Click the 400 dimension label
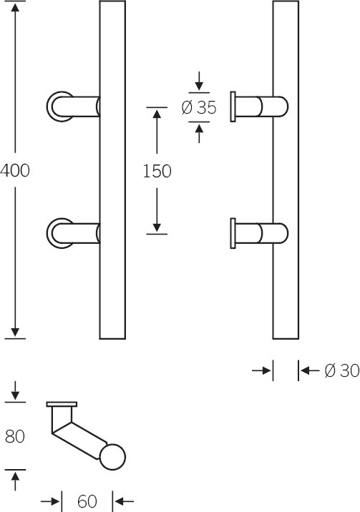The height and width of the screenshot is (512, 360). coord(15,170)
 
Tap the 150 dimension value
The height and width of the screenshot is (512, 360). coord(157,171)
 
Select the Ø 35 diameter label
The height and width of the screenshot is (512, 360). coord(199,107)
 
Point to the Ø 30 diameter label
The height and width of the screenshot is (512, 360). coord(342,370)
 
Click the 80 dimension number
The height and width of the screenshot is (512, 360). coord(15,437)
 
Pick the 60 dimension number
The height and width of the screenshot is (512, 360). coord(87,501)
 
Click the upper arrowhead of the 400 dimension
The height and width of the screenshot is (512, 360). coord(15,6)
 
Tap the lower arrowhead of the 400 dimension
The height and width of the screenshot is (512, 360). coord(15,333)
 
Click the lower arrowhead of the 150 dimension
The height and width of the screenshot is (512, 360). coord(157,227)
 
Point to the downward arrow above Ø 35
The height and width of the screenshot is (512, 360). coord(199,82)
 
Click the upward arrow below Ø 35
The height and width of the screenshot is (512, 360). coord(199,132)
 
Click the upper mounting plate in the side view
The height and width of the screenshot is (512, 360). coord(233,107)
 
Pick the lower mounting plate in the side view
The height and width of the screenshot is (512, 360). coord(233,233)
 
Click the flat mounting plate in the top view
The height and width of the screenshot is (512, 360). coord(62,404)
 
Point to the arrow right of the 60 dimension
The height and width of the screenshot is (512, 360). coord(124,501)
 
